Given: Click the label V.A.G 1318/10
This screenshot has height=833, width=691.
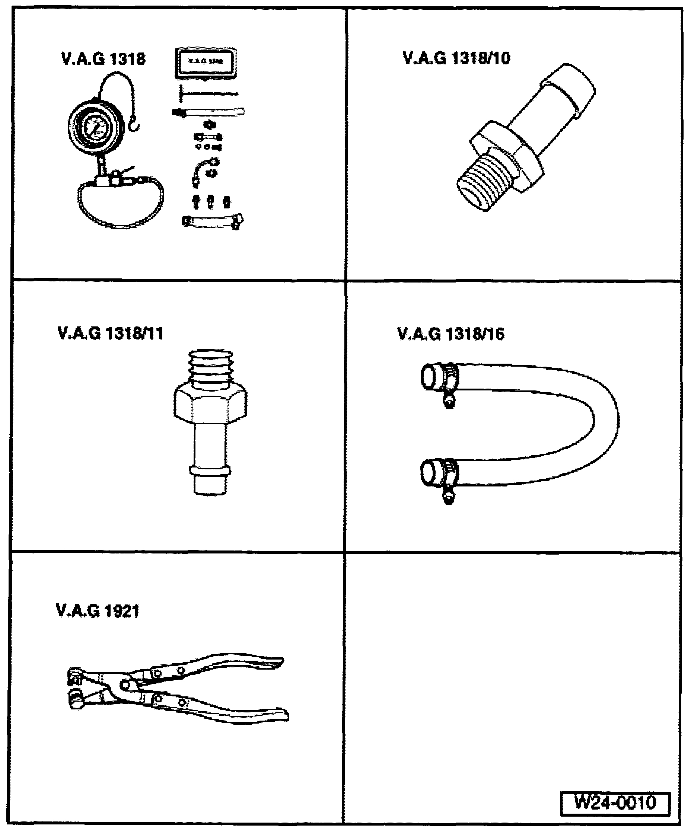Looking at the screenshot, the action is tap(456, 58).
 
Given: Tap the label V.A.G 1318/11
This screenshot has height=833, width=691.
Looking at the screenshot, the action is tap(110, 333).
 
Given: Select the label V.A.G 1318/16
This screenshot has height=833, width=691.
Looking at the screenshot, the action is tap(450, 334).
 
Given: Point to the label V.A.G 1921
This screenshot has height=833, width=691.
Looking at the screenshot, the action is tap(98, 610).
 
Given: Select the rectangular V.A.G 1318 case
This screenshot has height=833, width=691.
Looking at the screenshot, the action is tap(206, 62).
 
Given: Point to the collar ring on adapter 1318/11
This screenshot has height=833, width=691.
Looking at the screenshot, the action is tap(210, 471).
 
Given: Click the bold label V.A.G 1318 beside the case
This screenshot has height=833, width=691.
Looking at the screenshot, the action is tap(103, 59).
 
